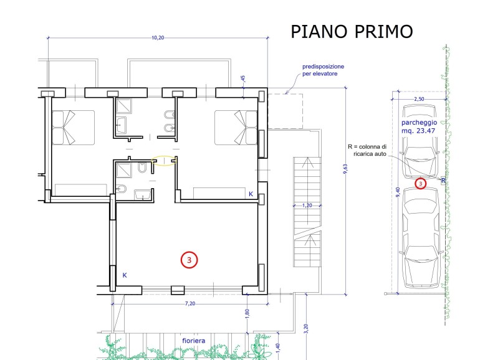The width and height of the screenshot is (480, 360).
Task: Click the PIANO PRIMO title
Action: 352,32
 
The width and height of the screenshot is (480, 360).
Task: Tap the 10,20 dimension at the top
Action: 158,37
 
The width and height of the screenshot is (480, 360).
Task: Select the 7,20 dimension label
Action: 190,303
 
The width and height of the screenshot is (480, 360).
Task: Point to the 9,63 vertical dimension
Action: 345,169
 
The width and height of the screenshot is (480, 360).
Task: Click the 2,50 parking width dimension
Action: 419,99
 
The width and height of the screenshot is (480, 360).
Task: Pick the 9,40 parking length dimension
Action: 398,192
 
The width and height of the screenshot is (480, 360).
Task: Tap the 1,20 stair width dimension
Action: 307,206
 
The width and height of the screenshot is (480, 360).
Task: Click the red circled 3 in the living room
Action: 189,260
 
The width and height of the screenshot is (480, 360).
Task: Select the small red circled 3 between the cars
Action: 421,184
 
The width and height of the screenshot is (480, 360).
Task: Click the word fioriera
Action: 194,341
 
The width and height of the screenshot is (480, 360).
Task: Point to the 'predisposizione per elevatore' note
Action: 323,70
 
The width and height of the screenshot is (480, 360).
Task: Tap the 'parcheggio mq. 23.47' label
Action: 419,126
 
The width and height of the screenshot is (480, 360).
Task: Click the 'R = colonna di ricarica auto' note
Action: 367,150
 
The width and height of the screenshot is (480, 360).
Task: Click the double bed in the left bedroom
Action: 73,128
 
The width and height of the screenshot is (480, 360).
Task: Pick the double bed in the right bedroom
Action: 236,128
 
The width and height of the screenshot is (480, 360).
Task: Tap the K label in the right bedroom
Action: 251,194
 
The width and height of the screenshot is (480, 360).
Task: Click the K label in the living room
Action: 125,275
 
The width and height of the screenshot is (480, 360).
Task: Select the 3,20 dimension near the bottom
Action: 307,329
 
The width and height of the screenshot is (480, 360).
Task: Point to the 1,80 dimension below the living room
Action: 247,314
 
